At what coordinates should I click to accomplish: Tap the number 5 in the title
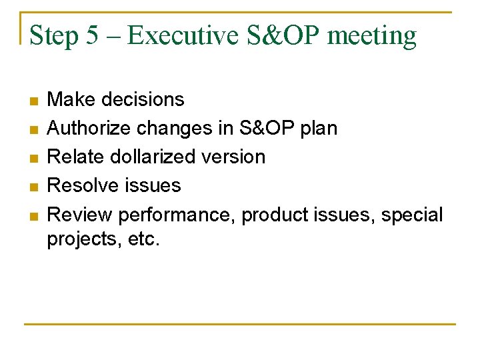pos(93,35)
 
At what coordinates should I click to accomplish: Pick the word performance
pos(176,215)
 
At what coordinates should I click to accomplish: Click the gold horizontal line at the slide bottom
pos(240,324)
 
